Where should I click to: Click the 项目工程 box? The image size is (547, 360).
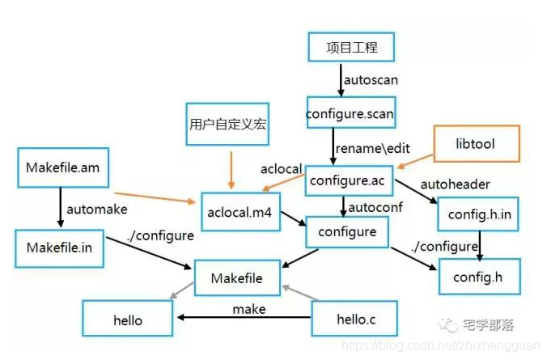[x=350, y=47]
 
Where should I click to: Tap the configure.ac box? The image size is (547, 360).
[x=349, y=182]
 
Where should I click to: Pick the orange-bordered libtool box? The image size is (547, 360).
[x=476, y=143]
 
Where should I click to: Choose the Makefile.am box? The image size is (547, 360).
[x=61, y=168]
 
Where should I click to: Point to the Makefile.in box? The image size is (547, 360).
[x=59, y=247]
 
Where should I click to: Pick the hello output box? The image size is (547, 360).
[x=127, y=320]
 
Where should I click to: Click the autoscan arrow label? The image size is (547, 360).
[x=371, y=81]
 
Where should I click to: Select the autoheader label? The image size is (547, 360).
[x=456, y=184]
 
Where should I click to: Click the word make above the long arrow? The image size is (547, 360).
[x=248, y=309]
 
